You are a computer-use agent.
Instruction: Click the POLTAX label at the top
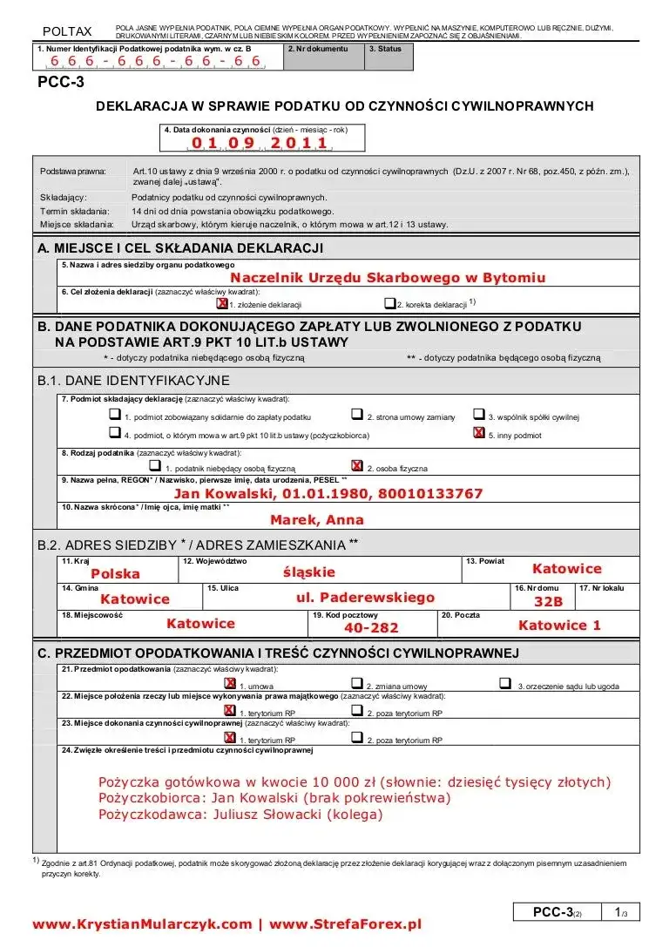pyautogui.click(x=67, y=32)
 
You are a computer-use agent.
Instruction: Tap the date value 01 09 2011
pyautogui.click(x=259, y=143)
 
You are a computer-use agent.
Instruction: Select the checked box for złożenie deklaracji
pyautogui.click(x=221, y=304)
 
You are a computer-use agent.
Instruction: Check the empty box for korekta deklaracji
pyautogui.click(x=389, y=304)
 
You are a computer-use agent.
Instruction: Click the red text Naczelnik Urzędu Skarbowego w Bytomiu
pyautogui.click(x=388, y=278)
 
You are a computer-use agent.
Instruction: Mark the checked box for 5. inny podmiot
pyautogui.click(x=478, y=433)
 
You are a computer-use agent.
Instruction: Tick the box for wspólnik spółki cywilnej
pyautogui.click(x=479, y=415)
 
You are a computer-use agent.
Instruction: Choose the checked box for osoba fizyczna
pyautogui.click(x=356, y=466)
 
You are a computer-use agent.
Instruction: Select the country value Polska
pyautogui.click(x=115, y=573)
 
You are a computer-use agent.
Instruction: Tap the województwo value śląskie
pyautogui.click(x=308, y=572)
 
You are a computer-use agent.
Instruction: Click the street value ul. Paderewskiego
pyautogui.click(x=365, y=598)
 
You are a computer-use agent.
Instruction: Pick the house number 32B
pyautogui.click(x=549, y=601)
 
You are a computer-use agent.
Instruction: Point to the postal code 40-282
pyautogui.click(x=371, y=627)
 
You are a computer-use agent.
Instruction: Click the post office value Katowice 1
pyautogui.click(x=559, y=625)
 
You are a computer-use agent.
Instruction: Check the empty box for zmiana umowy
pyautogui.click(x=356, y=685)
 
